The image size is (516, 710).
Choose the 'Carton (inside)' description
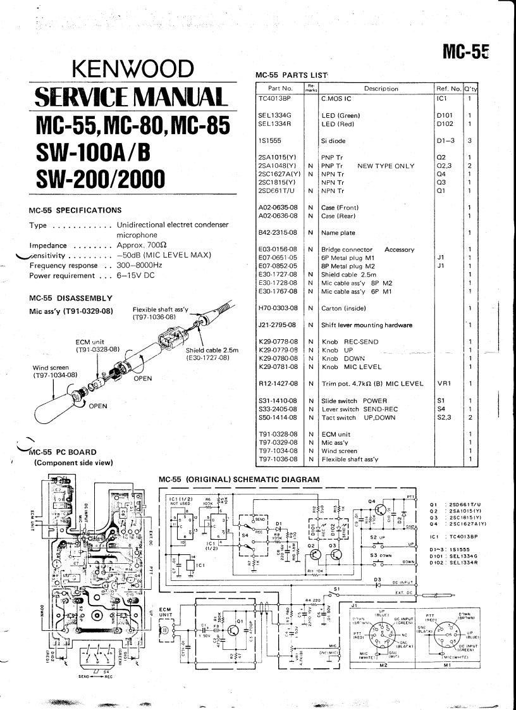347,308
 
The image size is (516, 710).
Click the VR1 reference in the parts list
443,383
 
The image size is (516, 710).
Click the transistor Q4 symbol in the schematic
398,509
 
